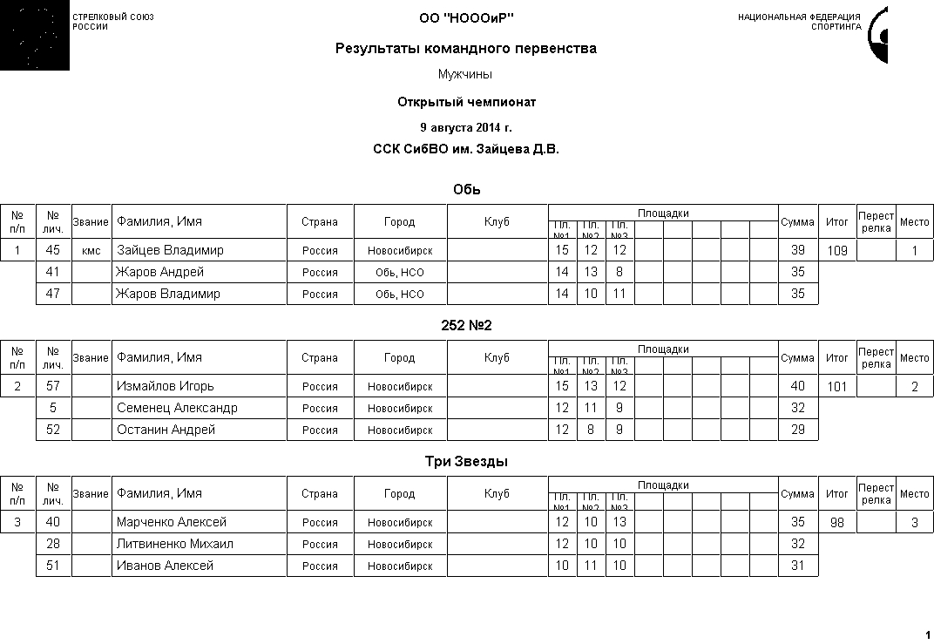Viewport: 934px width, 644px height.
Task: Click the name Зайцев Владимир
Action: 170,250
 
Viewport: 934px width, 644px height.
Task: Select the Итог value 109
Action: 836,251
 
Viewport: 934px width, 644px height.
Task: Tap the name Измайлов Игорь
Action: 166,386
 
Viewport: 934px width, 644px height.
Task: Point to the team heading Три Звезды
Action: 467,462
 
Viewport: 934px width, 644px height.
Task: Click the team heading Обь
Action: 467,190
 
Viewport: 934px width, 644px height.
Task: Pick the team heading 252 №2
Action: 467,326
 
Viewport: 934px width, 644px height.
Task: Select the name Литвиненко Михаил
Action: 175,544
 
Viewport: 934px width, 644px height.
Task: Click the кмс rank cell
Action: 91,251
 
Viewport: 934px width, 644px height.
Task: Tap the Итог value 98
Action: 836,523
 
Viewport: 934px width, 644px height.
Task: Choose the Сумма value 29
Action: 797,430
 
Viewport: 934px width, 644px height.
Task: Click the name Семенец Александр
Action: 177,408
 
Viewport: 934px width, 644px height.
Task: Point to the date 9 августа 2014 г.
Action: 466,127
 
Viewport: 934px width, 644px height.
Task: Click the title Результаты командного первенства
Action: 466,49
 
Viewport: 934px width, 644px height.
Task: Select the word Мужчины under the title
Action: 465,75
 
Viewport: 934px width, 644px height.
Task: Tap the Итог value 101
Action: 836,387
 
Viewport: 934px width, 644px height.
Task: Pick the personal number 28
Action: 53,544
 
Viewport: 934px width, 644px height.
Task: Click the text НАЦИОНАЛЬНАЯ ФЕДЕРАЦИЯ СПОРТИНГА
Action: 799,22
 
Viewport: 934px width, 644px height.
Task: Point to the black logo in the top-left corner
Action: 34,36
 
